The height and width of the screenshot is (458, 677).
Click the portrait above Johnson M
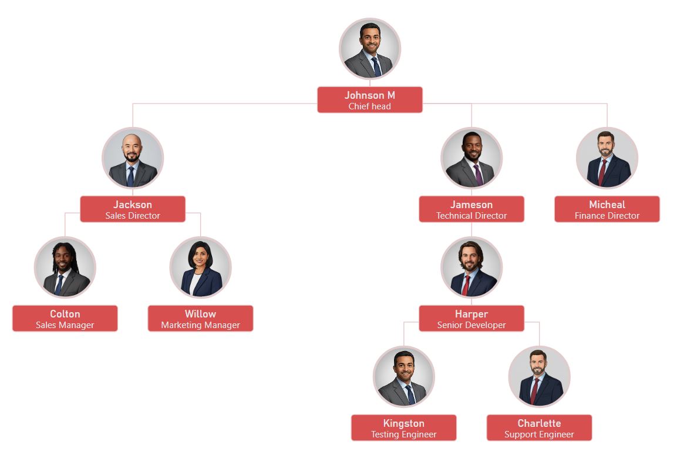(370, 49)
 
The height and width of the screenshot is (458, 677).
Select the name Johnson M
(370, 95)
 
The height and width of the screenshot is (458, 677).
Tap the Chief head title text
(370, 106)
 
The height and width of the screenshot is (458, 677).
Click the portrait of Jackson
(133, 158)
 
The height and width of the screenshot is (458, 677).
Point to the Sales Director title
(133, 216)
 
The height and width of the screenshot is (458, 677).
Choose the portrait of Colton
(65, 268)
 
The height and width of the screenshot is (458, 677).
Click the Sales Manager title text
(65, 325)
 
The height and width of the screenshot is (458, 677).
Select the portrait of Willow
(201, 268)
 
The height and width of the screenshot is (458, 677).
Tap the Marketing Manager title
(201, 325)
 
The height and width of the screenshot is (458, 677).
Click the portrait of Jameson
(471, 158)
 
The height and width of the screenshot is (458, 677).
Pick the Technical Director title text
(471, 216)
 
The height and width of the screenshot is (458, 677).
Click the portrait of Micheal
(607, 158)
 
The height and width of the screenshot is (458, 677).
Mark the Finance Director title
(607, 216)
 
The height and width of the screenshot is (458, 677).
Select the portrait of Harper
(471, 268)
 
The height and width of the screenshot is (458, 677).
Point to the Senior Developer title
(471, 325)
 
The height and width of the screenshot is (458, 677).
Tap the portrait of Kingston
(404, 377)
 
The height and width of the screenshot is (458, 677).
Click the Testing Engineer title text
(404, 434)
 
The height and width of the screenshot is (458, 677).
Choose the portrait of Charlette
(540, 377)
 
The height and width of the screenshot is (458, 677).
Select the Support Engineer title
(540, 434)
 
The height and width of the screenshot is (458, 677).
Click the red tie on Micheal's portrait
(602, 172)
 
